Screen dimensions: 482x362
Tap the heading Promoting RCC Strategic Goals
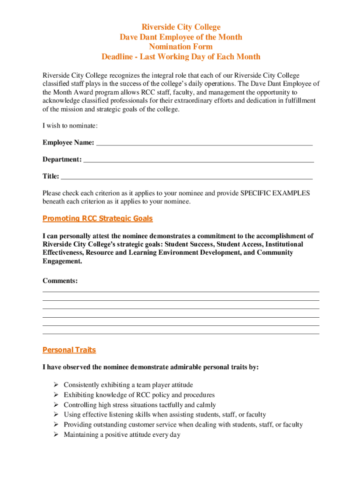(97, 218)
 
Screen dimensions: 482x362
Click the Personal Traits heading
(69, 350)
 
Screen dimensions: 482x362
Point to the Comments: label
(60, 281)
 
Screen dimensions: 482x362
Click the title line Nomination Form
(181, 47)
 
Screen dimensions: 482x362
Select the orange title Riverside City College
(181, 27)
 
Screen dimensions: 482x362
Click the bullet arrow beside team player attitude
(55, 385)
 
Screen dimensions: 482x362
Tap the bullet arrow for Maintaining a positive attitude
(55, 435)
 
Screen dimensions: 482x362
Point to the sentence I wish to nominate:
(70, 126)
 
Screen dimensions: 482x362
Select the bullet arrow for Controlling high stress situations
(55, 405)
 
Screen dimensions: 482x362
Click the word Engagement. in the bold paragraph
(63, 261)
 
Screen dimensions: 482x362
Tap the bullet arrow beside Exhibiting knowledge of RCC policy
(55, 395)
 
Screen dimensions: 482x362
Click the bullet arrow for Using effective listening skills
(55, 415)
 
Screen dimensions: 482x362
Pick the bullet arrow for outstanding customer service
(55, 425)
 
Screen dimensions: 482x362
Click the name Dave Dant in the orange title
(137, 37)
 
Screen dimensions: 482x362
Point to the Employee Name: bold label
(68, 143)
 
